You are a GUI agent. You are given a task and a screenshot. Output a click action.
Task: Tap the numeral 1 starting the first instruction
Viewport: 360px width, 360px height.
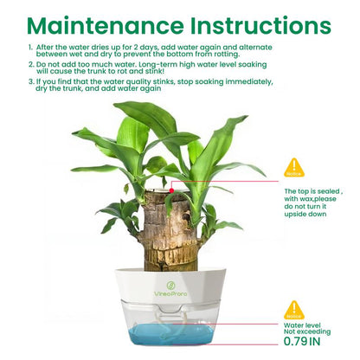tap(30, 48)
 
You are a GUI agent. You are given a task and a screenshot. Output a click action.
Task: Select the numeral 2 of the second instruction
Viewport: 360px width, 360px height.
tap(30, 64)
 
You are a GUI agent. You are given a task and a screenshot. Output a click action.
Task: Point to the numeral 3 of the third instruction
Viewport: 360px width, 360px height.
tap(30, 81)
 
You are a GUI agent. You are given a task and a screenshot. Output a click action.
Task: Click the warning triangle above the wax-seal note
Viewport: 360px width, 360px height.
tap(295, 167)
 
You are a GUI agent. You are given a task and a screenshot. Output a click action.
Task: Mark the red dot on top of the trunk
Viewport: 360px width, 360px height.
tap(171, 190)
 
